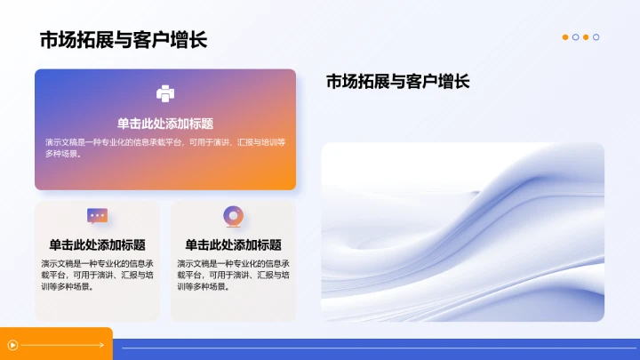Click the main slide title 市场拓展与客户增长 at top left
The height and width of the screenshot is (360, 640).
(124, 40)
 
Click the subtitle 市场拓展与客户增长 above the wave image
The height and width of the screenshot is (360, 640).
(397, 82)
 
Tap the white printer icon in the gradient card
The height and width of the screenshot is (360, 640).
(165, 93)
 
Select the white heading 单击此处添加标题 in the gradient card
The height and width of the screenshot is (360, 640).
(165, 124)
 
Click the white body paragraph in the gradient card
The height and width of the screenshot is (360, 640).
(165, 148)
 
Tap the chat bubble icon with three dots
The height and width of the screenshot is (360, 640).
(98, 216)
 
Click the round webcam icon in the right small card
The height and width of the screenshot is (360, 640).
(233, 216)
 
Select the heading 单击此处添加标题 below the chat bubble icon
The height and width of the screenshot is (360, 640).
(98, 244)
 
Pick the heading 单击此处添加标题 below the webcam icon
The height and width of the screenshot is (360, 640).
(233, 244)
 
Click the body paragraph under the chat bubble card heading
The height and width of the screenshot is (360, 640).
(98, 275)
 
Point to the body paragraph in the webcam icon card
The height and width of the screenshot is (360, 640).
(233, 275)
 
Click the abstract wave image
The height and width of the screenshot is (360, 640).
(462, 232)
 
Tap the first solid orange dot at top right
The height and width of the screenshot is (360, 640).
(565, 37)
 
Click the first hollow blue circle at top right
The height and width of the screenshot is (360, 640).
(576, 37)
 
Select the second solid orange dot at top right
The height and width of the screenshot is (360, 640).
(586, 37)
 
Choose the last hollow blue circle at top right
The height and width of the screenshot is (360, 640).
(596, 37)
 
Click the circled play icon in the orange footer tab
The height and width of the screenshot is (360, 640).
(12, 345)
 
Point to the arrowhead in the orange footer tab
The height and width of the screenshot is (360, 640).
(91, 345)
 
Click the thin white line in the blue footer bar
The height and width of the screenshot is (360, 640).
(373, 348)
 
